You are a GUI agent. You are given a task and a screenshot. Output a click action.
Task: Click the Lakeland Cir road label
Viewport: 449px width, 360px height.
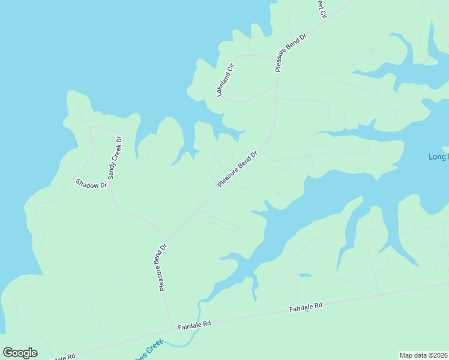[226, 79]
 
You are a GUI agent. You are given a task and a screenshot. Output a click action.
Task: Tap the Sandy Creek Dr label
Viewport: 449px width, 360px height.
[114, 158]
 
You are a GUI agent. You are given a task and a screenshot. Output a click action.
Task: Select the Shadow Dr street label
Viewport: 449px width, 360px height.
[91, 184]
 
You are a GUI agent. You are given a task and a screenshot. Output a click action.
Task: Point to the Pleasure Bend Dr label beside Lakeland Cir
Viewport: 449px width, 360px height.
[291, 52]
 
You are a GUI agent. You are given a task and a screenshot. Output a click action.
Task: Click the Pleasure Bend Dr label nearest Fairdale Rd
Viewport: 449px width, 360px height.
[162, 267]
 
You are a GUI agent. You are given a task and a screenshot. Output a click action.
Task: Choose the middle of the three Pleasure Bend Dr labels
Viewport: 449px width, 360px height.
[237, 169]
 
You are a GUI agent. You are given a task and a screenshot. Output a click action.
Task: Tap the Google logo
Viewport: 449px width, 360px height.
[20, 353]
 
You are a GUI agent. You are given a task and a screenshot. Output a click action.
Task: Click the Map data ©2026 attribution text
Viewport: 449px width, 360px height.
[423, 355]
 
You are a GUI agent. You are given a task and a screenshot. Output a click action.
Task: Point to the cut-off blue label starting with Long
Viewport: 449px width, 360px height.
[438, 157]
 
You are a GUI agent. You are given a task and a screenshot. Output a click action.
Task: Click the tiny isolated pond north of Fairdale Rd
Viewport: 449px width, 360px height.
[305, 275]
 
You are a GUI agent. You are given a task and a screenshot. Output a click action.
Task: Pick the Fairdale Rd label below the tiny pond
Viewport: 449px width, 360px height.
[306, 307]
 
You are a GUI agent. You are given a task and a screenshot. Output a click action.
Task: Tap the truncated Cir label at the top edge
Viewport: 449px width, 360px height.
[321, 8]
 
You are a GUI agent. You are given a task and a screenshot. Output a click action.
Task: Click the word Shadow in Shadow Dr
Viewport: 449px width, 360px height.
[88, 182]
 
